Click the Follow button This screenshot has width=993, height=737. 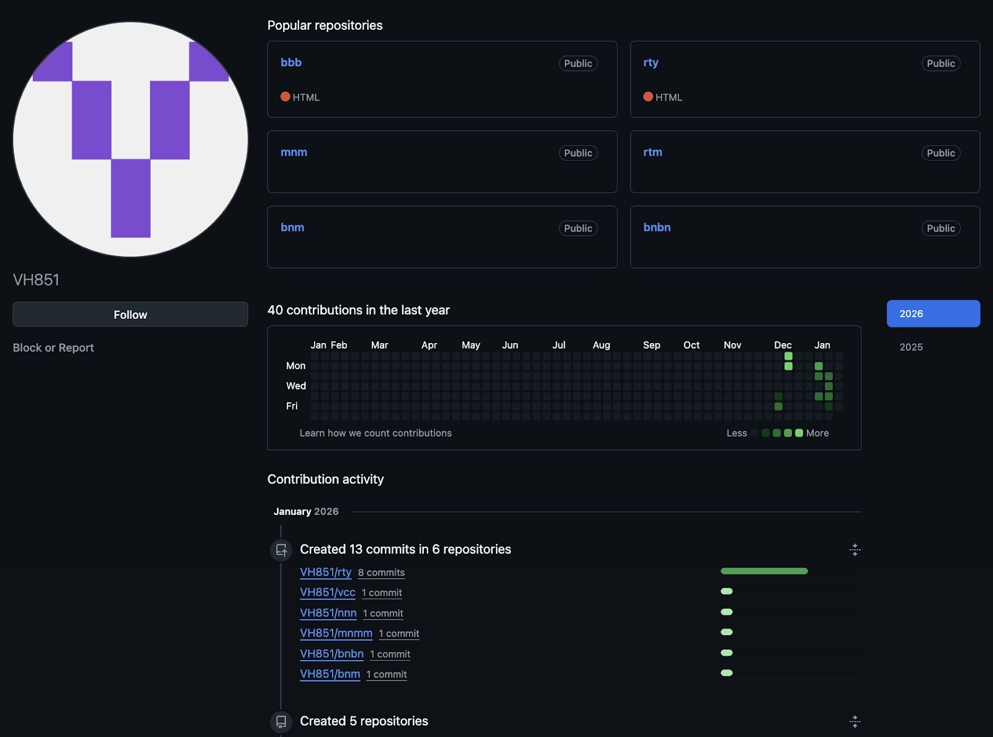point(130,314)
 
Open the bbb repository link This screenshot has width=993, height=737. point(291,62)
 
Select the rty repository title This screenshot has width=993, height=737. point(650,63)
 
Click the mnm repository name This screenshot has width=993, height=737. point(294,152)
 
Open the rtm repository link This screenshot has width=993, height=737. point(652,152)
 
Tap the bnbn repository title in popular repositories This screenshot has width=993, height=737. point(657,227)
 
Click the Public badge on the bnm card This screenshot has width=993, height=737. point(578,228)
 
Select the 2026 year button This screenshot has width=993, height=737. point(933,314)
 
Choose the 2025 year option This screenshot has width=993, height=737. point(911,347)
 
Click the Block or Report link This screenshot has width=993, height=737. point(53,347)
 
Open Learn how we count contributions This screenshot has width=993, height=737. point(375,433)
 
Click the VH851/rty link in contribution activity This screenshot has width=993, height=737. point(325,572)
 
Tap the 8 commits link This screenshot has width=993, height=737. point(381,573)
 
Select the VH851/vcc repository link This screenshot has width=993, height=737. point(327,592)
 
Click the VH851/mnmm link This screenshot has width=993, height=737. point(336,633)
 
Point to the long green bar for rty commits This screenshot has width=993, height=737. point(764,571)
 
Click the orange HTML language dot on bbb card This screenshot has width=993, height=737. point(285,97)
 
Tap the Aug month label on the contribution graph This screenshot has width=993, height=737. point(601,345)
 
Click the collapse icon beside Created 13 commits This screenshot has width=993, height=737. point(855,550)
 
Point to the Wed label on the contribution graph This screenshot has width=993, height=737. point(296,386)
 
